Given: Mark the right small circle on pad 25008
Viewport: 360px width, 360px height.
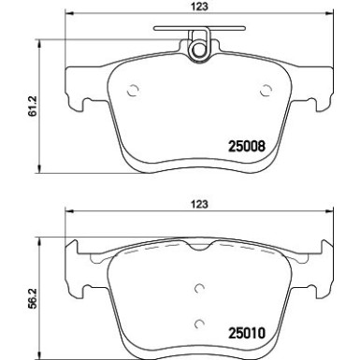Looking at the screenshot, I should pos(265,90).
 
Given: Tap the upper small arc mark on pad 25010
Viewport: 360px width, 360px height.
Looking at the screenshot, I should pos(198,289).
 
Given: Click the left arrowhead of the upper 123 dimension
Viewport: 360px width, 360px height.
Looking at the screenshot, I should pos(66,18).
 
